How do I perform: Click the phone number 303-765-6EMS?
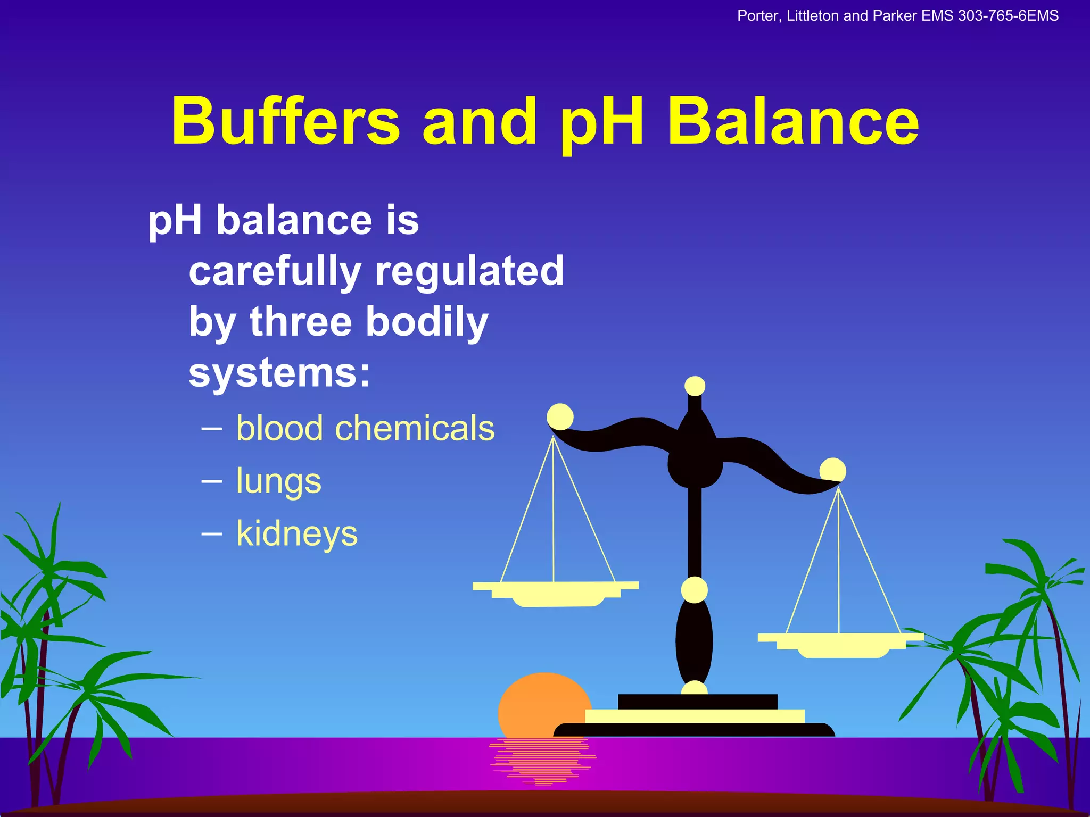pyautogui.click(x=1008, y=16)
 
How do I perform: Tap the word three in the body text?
pyautogui.click(x=301, y=322)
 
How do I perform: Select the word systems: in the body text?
pyautogui.click(x=279, y=373)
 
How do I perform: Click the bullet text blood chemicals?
pyautogui.click(x=365, y=428)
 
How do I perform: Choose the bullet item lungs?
pyautogui.click(x=278, y=481)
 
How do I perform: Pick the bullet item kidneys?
pyautogui.click(x=297, y=533)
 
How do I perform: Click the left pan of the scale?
pyautogui.click(x=556, y=593)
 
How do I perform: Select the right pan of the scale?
pyautogui.click(x=841, y=644)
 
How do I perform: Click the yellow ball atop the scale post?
pyautogui.click(x=695, y=386)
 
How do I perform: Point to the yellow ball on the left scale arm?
pyautogui.click(x=560, y=416)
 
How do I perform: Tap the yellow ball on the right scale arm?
pyautogui.click(x=832, y=470)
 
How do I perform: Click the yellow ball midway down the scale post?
pyautogui.click(x=694, y=590)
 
